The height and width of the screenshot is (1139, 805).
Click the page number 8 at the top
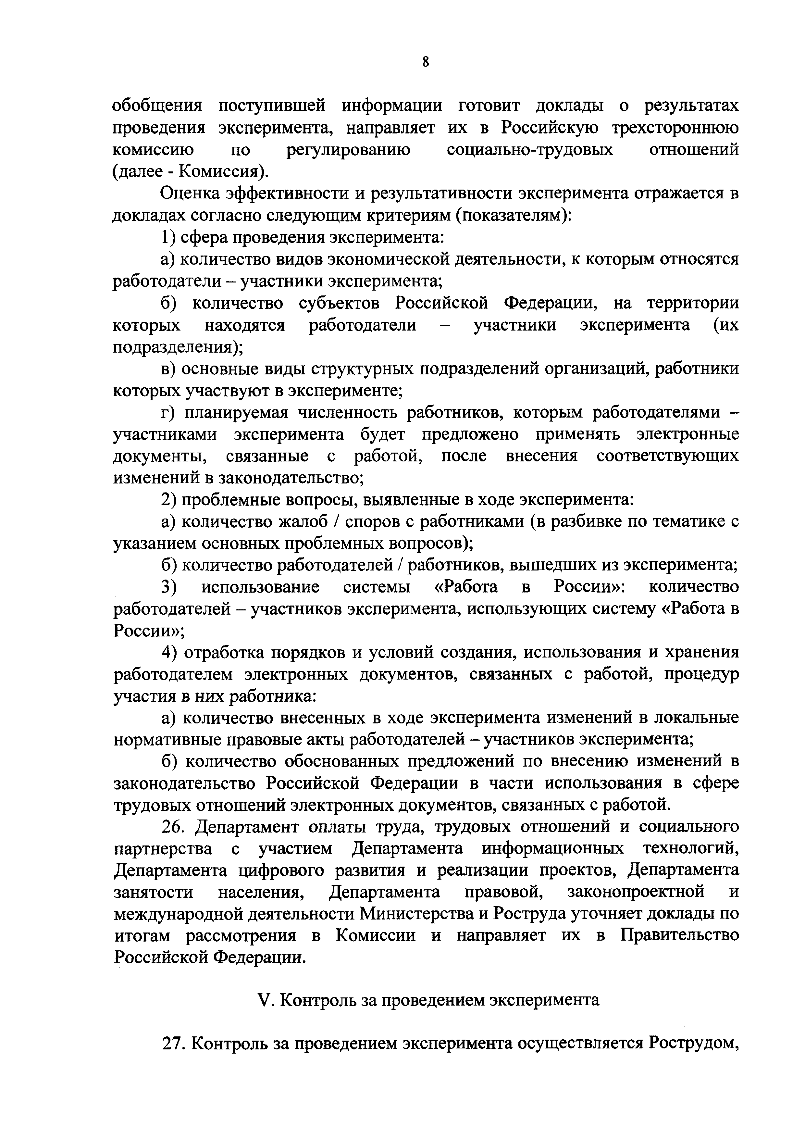[426, 62]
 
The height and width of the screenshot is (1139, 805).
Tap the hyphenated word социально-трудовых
[530, 150]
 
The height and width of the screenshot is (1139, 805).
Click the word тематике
[679, 522]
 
